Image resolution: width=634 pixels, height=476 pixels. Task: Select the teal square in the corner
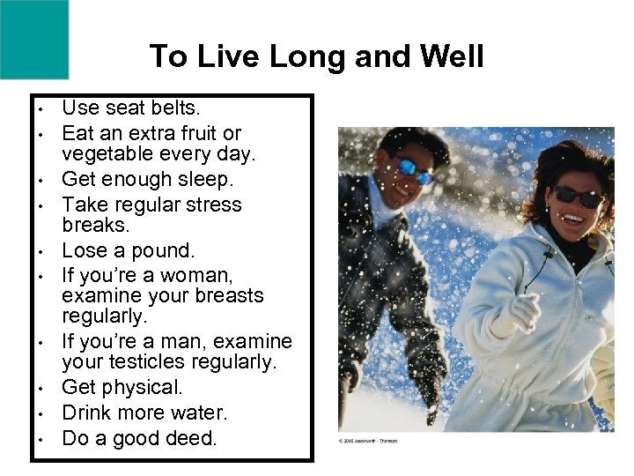(x=33, y=38)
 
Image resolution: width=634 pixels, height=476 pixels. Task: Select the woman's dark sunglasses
(x=578, y=196)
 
